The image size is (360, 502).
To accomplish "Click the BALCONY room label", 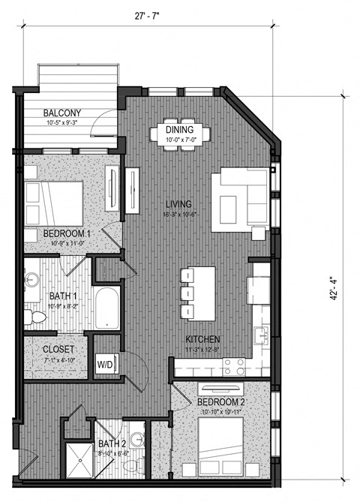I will tap(62, 113).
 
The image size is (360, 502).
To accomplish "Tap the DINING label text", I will tap(180, 130).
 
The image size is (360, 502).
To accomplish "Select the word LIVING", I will tap(178, 203).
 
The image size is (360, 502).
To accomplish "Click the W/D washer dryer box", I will tap(104, 365).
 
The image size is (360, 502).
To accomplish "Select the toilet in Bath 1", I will tap(34, 318).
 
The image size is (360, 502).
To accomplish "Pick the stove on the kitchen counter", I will tap(233, 366).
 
